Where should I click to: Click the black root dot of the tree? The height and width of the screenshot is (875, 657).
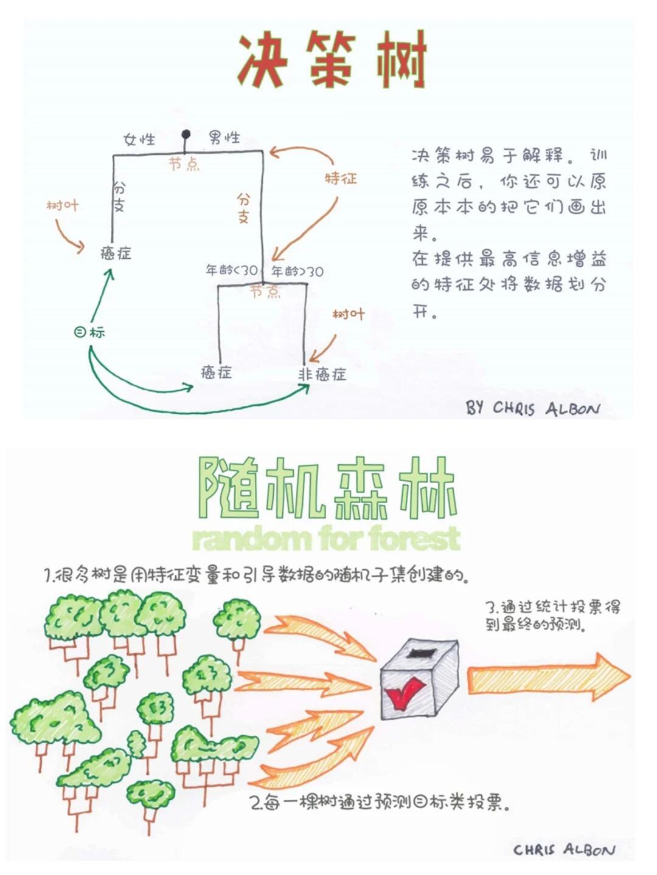tap(186, 134)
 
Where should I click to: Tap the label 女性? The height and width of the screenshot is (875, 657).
tap(139, 140)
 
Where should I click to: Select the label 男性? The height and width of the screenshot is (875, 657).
tap(224, 138)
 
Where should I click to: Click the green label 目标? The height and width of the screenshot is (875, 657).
tap(90, 332)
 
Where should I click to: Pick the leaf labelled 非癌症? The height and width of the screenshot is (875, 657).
tap(322, 374)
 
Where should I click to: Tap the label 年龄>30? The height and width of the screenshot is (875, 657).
tap(297, 272)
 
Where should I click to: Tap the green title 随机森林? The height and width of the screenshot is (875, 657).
tap(328, 488)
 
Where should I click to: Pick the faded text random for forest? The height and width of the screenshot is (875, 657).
tap(326, 539)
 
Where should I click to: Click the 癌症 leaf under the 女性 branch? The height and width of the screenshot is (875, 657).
tap(116, 253)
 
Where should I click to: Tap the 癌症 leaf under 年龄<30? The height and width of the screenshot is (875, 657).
tap(216, 372)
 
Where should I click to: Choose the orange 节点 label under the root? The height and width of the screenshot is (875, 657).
tap(184, 163)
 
